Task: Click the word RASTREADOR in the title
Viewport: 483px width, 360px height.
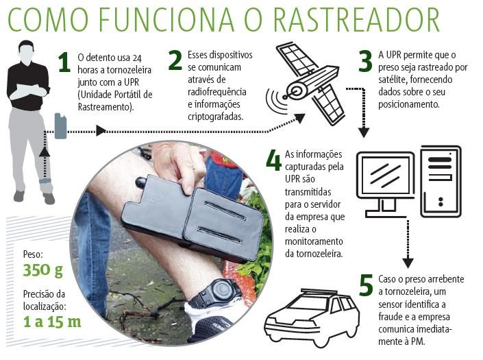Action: [356, 20]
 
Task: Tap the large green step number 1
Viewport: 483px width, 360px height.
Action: [64, 62]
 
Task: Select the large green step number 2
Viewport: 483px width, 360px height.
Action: [175, 60]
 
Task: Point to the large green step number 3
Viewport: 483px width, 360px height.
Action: [365, 61]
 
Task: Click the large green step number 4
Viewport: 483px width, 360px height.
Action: [273, 160]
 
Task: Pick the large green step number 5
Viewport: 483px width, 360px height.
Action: [366, 285]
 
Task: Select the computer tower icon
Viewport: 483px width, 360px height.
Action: [441, 181]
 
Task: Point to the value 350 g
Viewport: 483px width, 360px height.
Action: [43, 271]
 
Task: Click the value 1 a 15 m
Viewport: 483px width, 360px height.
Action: [52, 322]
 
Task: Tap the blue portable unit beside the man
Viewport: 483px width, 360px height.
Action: [61, 126]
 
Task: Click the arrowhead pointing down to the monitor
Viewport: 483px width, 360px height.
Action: [364, 132]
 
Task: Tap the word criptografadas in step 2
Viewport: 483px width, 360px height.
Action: [216, 117]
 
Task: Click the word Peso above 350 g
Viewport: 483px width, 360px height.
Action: [33, 254]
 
